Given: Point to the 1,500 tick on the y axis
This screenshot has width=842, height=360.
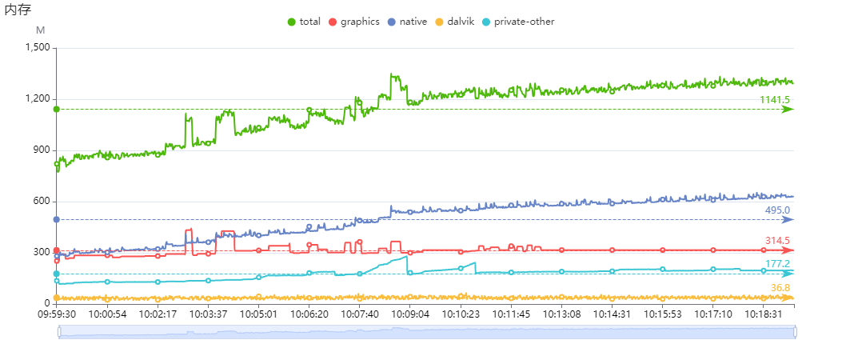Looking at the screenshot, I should (36, 48).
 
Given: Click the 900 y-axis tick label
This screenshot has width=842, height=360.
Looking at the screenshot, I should (41, 150).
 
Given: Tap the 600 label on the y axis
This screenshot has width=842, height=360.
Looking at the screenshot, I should (41, 202).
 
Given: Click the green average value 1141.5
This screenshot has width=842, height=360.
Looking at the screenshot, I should (774, 100).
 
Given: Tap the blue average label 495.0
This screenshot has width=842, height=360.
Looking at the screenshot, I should (777, 210).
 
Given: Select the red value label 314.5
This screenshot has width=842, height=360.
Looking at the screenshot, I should (777, 241).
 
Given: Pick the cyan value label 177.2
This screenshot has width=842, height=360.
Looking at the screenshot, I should (777, 264).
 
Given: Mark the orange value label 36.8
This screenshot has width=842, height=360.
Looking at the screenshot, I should (780, 288).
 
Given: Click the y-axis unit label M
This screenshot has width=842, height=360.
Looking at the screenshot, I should (41, 30).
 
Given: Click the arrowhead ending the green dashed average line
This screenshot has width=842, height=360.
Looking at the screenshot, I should (788, 110).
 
